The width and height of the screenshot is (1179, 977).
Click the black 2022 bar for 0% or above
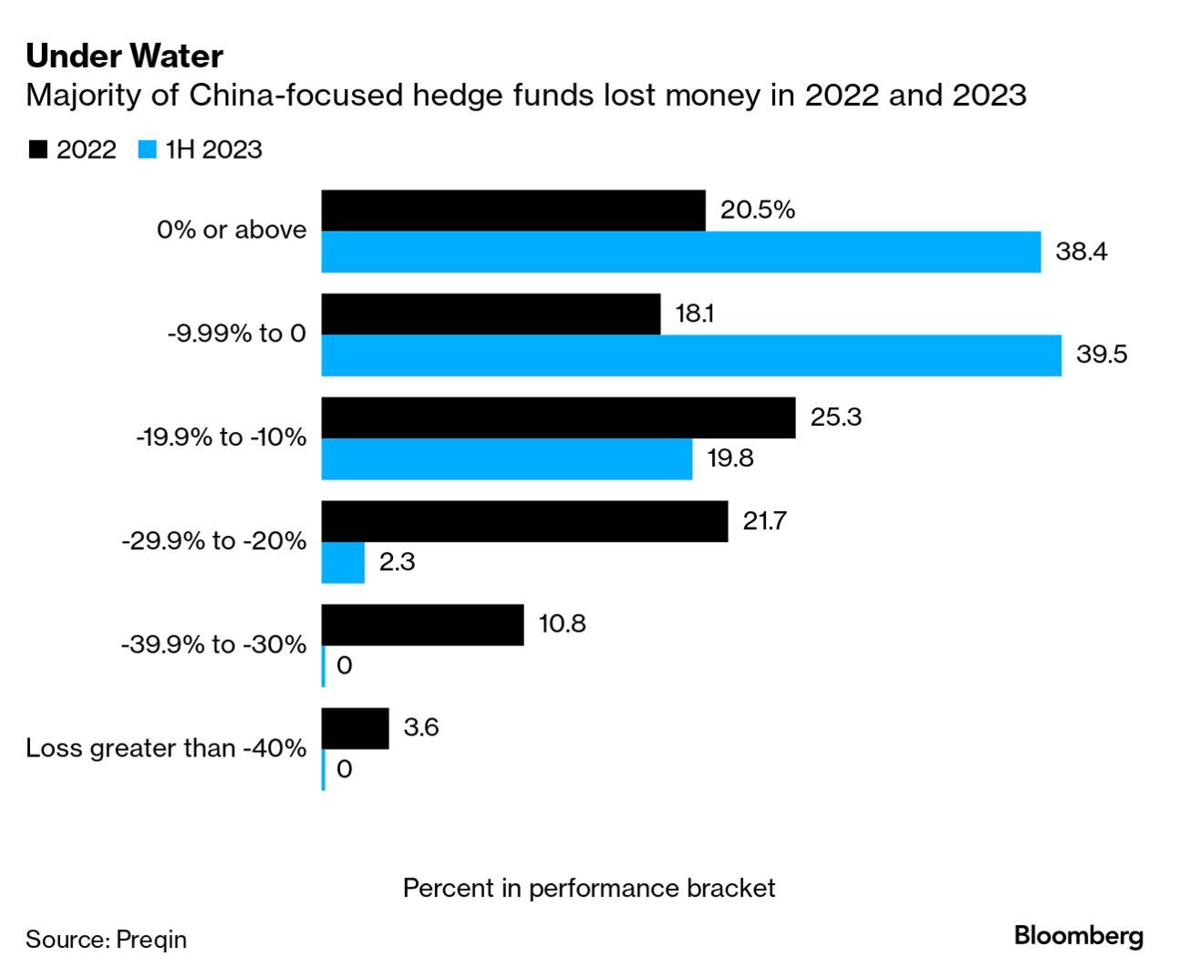pos(512,211)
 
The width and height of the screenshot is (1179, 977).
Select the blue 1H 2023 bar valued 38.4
pos(680,252)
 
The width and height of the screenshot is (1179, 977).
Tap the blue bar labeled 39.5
pos(691,355)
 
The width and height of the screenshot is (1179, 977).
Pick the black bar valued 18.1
pos(491,314)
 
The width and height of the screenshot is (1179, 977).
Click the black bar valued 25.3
pos(558,417)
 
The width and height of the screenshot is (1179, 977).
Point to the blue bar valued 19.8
pos(506,458)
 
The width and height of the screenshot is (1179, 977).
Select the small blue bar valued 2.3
pos(343,562)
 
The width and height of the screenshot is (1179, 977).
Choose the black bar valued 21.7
pos(524,521)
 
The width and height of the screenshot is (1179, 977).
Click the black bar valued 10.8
pos(422,625)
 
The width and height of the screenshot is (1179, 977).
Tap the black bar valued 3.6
pos(355,729)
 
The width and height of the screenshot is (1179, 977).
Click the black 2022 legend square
pos(38,149)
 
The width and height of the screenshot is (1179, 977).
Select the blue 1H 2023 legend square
pos(148,149)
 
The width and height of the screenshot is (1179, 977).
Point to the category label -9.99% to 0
pos(236,334)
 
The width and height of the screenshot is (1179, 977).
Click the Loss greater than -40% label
pos(166,748)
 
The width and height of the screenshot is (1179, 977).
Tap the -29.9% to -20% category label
pos(214,541)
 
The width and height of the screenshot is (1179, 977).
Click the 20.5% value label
pos(757,210)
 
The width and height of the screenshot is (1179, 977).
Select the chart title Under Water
pos(125,57)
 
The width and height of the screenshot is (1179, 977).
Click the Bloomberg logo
pos(1078,936)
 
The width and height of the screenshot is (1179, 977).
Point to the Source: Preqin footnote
pos(106,940)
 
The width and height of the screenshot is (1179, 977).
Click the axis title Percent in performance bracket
pos(589,889)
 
